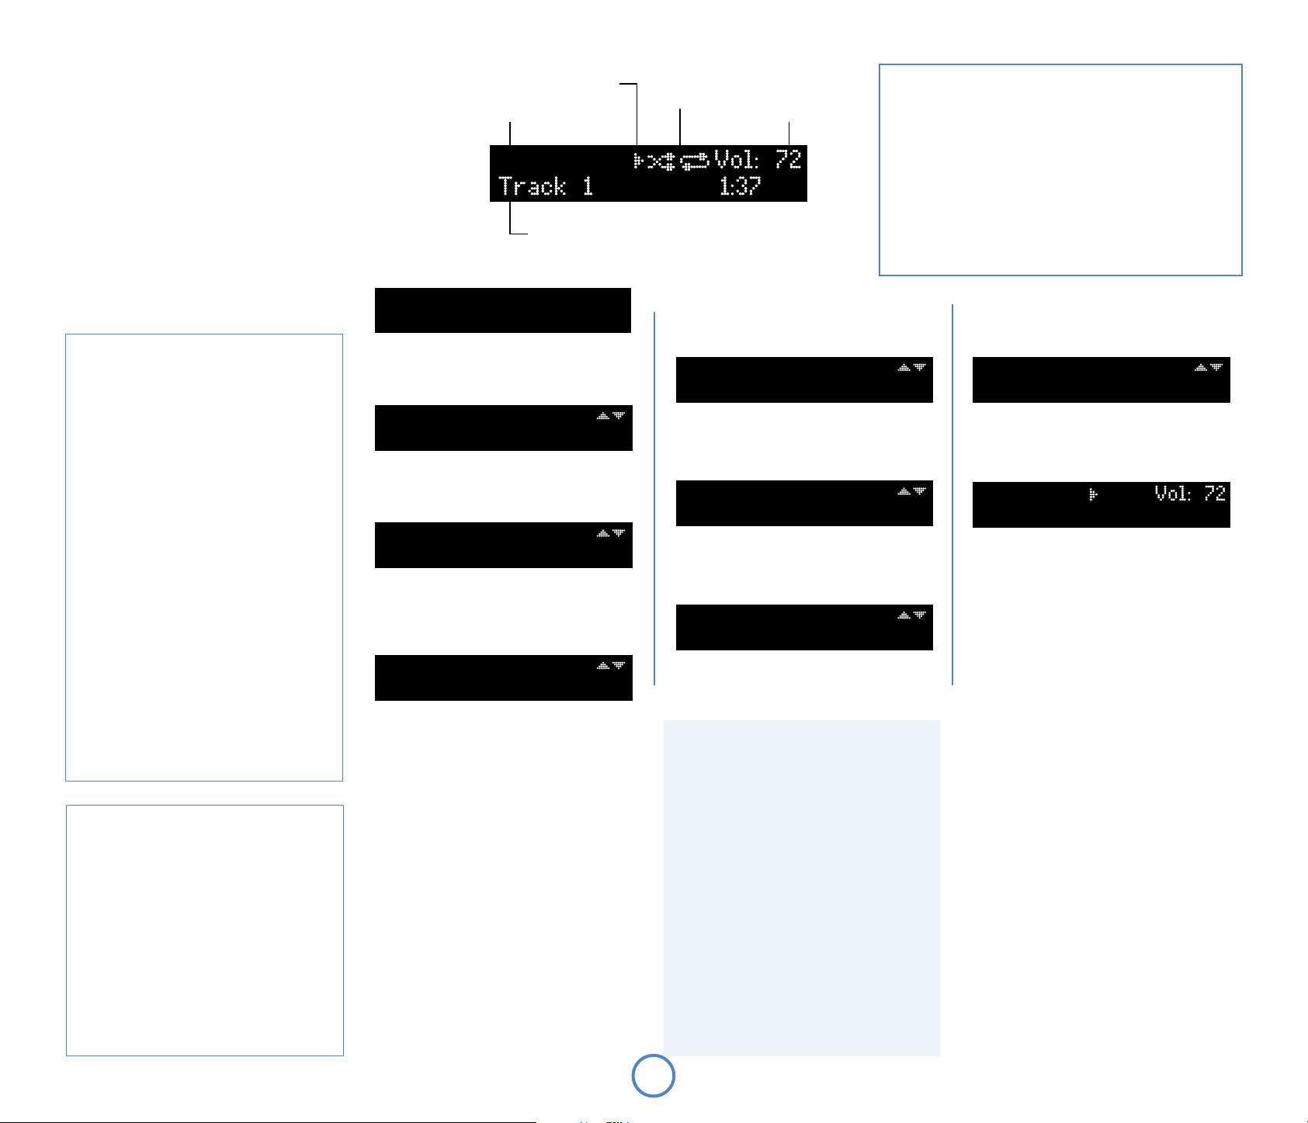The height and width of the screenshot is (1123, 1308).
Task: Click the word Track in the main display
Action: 532,187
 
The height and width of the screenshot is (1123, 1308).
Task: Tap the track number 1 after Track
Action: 588,187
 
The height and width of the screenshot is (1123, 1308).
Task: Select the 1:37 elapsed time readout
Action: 740,187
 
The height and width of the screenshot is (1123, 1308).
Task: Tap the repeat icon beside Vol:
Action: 695,161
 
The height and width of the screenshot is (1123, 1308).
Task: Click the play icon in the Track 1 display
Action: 638,161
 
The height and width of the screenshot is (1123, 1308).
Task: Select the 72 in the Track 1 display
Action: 788,160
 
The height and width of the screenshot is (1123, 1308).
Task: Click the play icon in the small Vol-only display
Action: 1093,494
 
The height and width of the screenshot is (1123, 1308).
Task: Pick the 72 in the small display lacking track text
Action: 1215,494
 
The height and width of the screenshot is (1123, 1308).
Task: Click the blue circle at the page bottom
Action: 654,1076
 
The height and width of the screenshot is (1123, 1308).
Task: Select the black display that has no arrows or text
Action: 502,310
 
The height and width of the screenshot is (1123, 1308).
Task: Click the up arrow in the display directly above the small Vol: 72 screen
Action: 1201,367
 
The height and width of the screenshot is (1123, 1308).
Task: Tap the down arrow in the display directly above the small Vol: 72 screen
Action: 1216,367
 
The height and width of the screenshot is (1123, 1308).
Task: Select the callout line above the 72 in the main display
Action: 789,133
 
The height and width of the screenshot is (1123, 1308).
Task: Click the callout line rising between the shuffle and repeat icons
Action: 680,127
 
